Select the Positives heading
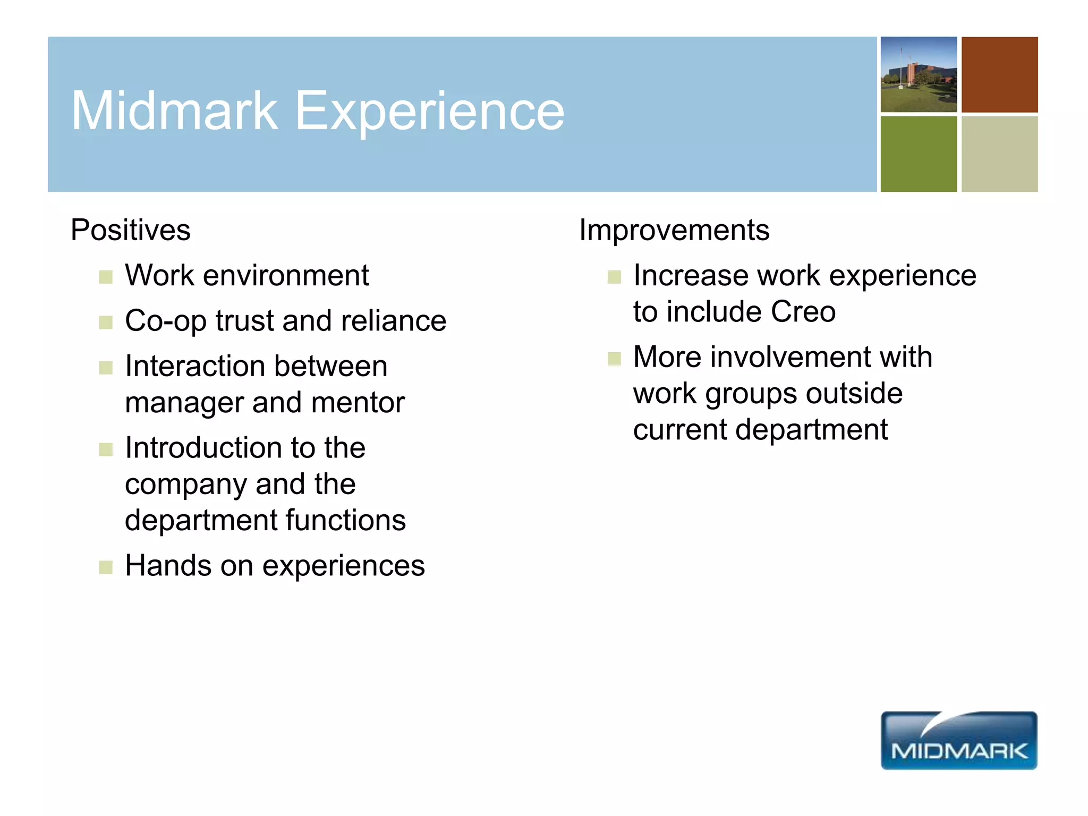[130, 230]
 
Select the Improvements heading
[674, 231]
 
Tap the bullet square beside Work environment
[106, 277]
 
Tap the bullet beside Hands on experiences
[106, 567]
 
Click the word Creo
[803, 312]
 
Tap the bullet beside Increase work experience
[614, 277]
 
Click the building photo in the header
[919, 74]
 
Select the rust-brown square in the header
[999, 74]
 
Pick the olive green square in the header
[919, 154]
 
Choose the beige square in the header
[999, 154]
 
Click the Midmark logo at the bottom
[958, 741]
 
